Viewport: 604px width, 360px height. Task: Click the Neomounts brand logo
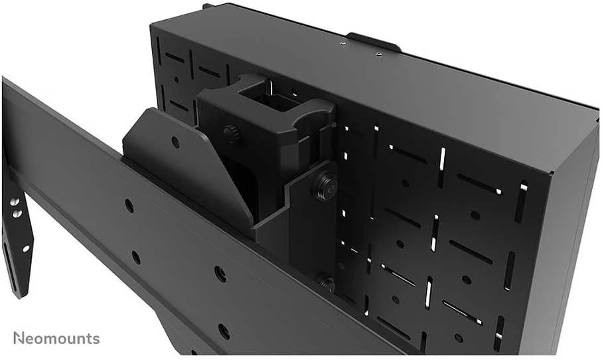click(x=56, y=338)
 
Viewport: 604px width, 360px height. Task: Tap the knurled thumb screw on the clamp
click(x=232, y=134)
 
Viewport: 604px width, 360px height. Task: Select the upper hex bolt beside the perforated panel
click(x=325, y=186)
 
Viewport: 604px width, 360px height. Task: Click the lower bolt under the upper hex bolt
click(x=326, y=284)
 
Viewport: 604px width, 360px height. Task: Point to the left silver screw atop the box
click(x=342, y=44)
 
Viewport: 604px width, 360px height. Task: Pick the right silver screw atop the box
click(x=378, y=54)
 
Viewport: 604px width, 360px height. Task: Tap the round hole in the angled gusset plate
click(x=175, y=142)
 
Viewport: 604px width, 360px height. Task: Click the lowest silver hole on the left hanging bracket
click(x=26, y=248)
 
